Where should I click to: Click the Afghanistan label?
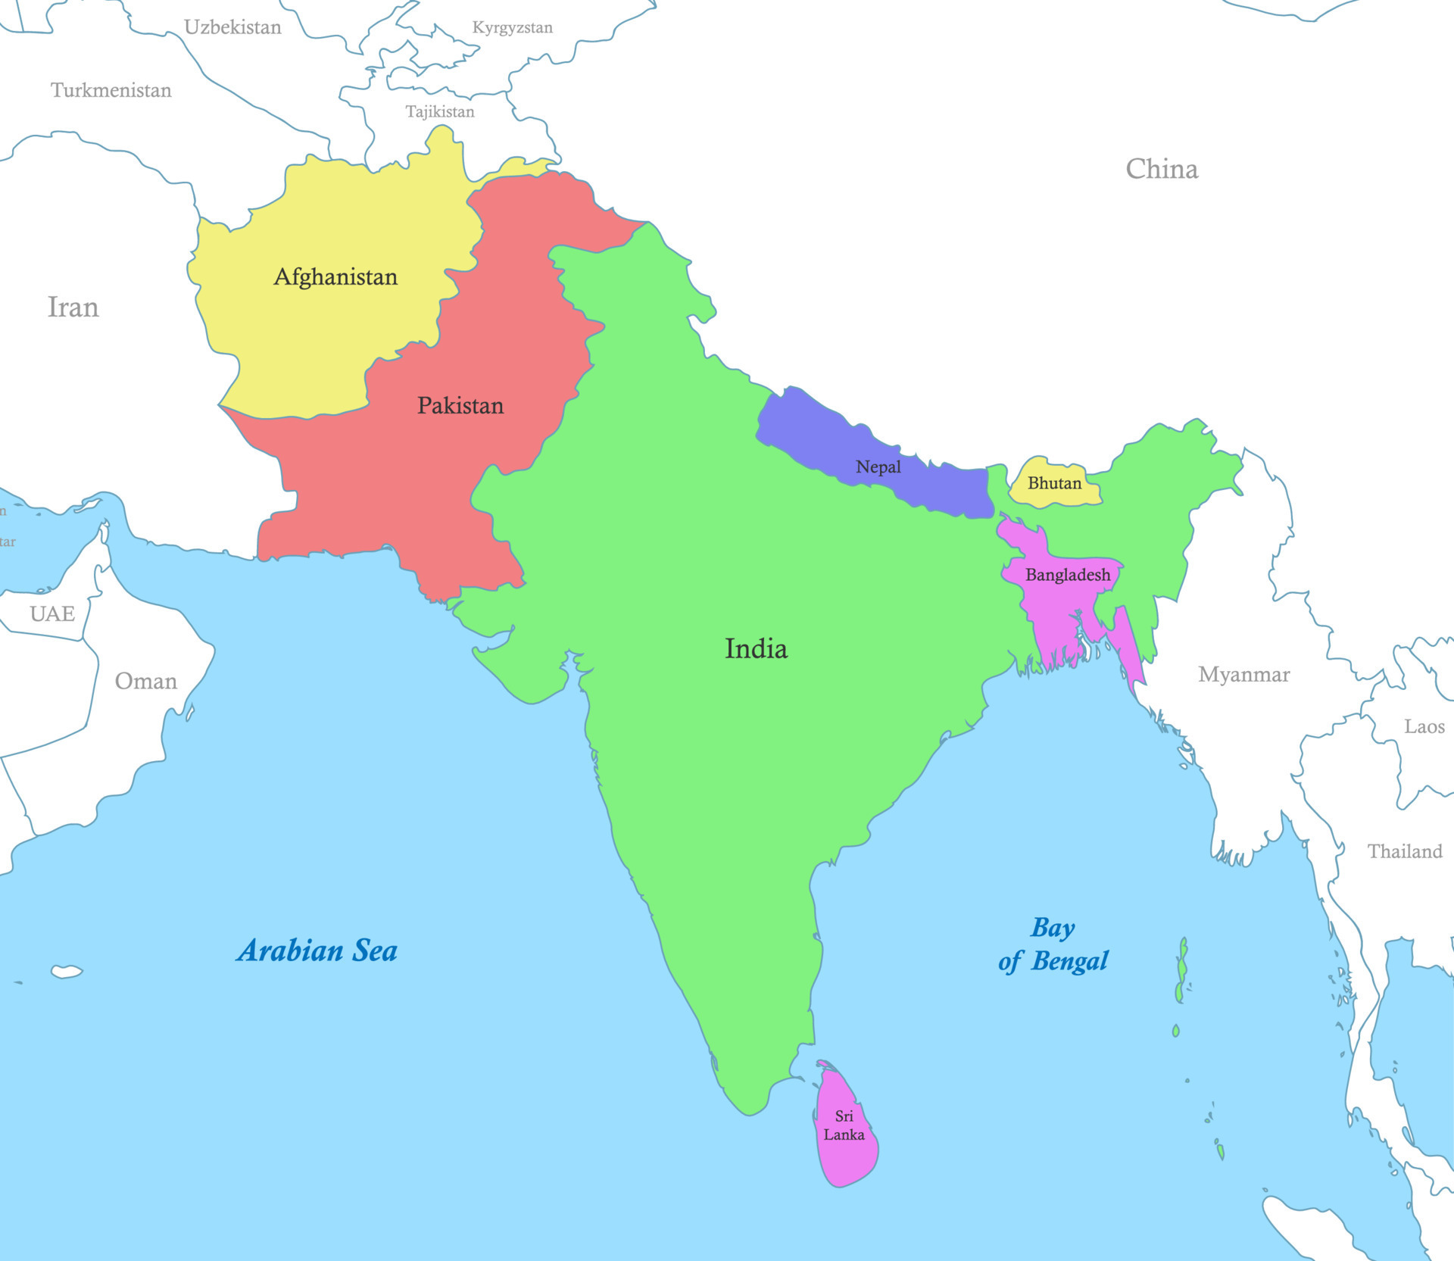[x=335, y=277]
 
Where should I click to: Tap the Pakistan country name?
[x=460, y=406]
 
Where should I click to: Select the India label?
[x=756, y=649]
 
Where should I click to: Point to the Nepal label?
[x=878, y=467]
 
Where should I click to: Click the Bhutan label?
[x=1054, y=483]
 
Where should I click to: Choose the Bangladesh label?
[x=1068, y=575]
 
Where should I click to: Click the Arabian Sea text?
[x=317, y=950]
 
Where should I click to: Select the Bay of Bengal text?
[x=1053, y=944]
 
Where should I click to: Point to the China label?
[x=1162, y=169]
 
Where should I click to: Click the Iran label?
[x=73, y=307]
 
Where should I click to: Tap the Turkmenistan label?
[x=111, y=91]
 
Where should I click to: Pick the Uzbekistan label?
[x=232, y=28]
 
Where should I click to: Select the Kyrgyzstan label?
[x=513, y=28]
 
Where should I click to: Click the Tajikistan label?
[x=440, y=112]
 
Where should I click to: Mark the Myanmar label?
[x=1243, y=675]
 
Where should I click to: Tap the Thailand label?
[x=1405, y=852]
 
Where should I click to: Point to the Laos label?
[x=1424, y=727]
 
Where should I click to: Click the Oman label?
[x=146, y=682]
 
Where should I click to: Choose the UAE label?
[x=52, y=613]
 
